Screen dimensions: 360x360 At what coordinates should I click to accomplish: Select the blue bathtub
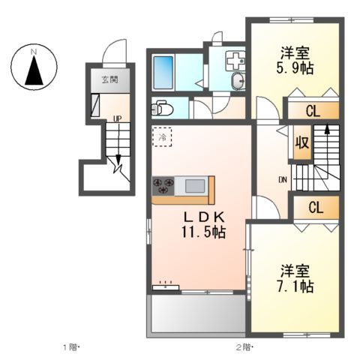click(163, 72)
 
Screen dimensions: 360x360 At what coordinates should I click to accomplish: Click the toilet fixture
click(163, 109)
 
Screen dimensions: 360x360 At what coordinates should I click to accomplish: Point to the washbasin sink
click(236, 80)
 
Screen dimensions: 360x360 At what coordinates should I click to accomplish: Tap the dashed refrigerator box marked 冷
click(162, 136)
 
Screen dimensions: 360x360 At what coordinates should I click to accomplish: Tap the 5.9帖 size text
click(297, 68)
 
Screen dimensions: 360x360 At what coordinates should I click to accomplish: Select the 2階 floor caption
click(243, 347)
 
